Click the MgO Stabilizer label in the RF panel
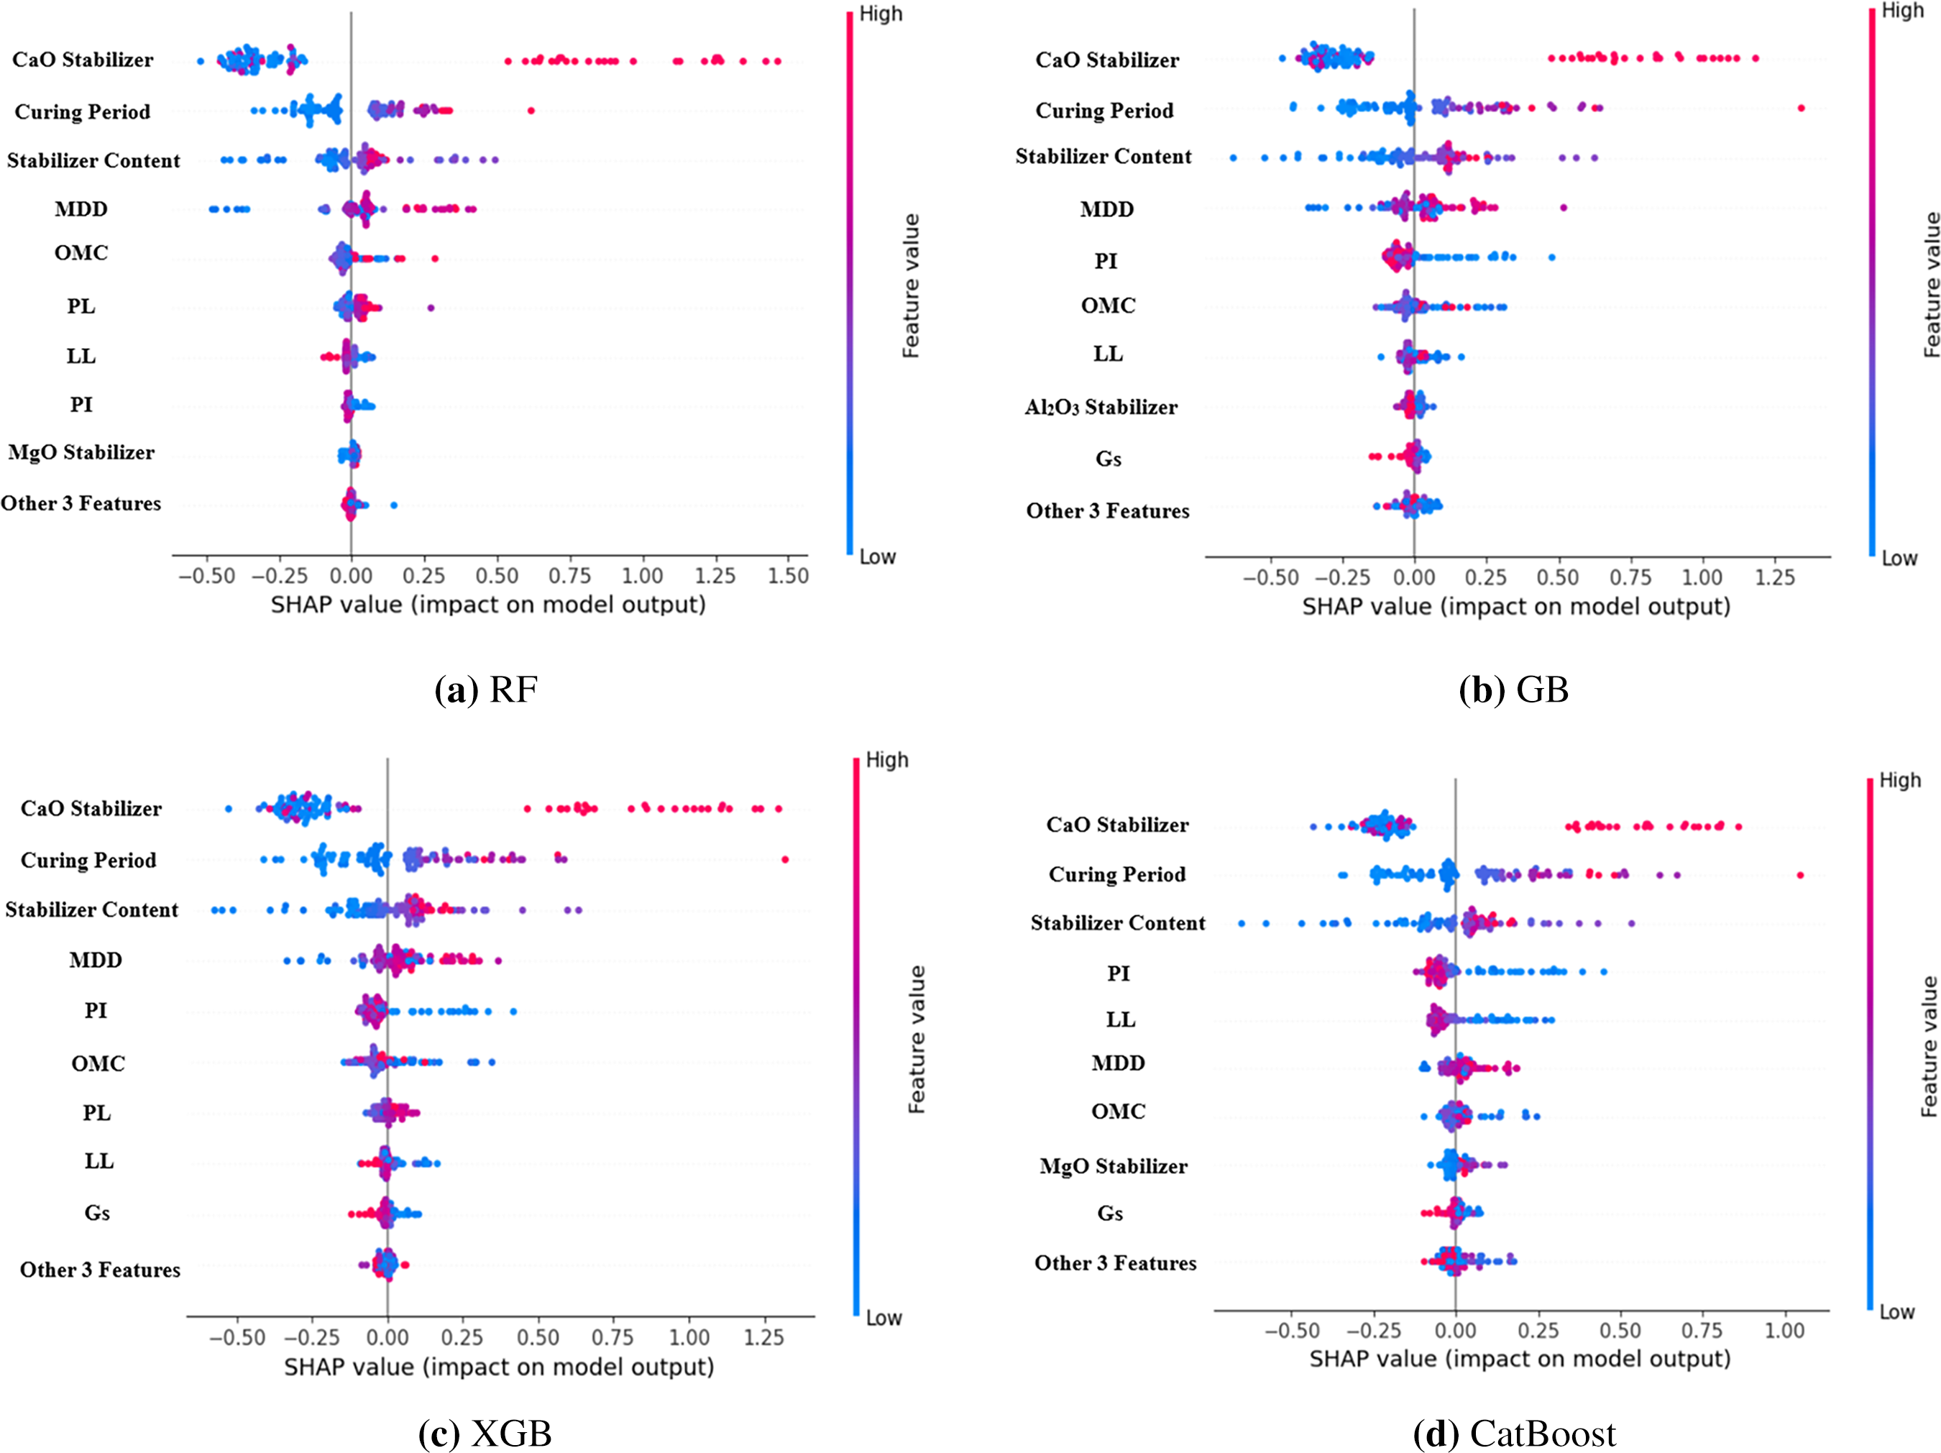82,453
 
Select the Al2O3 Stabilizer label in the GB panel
1101,407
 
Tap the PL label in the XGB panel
96,1112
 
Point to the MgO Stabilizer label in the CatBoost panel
1113,1166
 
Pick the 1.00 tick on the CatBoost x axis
1784,1330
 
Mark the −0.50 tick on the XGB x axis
237,1337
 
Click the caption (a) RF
485,689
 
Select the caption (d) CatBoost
1514,1434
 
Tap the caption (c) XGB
485,1434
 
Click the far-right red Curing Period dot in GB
1801,108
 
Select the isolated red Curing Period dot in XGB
784,859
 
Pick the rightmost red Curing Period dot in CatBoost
1799,875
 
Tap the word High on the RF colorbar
880,14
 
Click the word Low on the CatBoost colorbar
1896,1313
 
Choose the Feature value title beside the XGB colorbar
916,1040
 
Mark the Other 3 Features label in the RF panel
81,504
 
